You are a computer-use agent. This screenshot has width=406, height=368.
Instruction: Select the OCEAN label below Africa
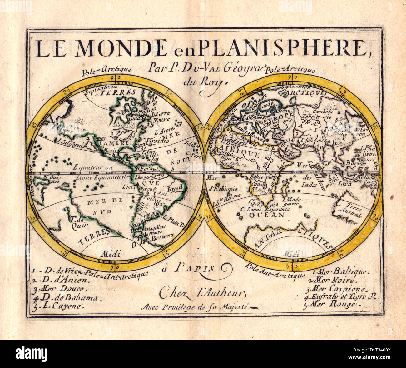[271, 215]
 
